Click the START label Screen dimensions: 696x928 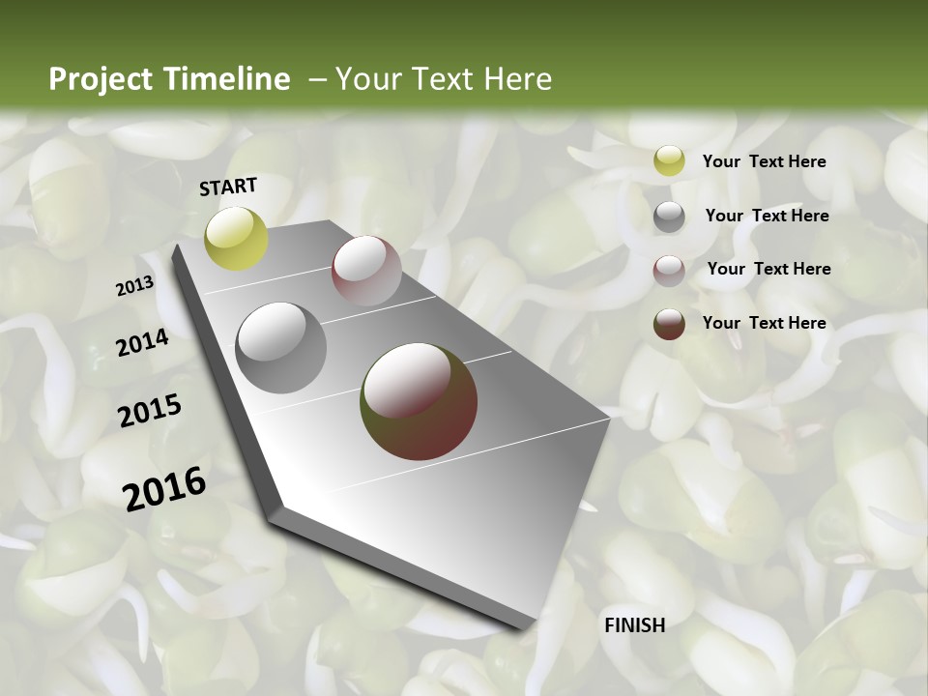(x=228, y=187)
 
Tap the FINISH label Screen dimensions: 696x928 (x=634, y=625)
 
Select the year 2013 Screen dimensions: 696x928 (x=134, y=286)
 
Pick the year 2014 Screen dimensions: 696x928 (x=142, y=342)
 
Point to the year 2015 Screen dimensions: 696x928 (x=150, y=411)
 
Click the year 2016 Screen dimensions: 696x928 (x=164, y=488)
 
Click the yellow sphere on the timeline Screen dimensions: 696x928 (x=237, y=238)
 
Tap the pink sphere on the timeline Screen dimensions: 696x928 (x=366, y=271)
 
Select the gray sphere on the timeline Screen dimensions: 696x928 (x=281, y=348)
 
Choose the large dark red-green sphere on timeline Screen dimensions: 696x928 (x=419, y=400)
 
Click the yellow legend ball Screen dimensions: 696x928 (x=669, y=161)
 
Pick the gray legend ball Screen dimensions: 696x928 (x=669, y=217)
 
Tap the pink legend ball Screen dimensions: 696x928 (x=669, y=271)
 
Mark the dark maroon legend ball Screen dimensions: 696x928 (x=669, y=324)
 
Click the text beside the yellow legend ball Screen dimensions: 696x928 (x=764, y=161)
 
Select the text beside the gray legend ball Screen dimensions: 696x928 (x=767, y=216)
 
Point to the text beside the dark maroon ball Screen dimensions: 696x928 (x=764, y=323)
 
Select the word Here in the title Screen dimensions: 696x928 (x=518, y=79)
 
